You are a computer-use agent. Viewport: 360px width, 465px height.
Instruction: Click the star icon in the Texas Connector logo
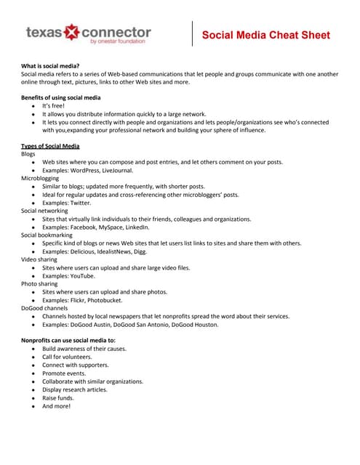[x=72, y=33]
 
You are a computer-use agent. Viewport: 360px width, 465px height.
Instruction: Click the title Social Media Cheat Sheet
[x=265, y=35]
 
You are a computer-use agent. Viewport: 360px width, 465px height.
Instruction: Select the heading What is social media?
[x=50, y=66]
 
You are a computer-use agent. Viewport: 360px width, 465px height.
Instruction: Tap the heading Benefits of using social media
[x=60, y=97]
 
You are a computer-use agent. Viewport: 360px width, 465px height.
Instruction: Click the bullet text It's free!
[x=55, y=106]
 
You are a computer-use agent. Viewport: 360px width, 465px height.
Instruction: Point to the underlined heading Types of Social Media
[x=50, y=146]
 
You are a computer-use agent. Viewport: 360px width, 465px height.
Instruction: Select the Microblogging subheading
[x=41, y=178]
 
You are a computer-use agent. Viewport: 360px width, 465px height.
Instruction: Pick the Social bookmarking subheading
[x=47, y=235]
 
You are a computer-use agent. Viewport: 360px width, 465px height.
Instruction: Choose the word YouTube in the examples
[x=81, y=276]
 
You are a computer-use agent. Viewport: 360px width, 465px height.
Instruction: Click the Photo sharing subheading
[x=39, y=284]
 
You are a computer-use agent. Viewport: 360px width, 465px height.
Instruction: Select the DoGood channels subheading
[x=44, y=308]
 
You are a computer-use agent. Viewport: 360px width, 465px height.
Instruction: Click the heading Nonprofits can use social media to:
[x=68, y=341]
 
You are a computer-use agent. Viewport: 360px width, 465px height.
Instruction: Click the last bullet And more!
[x=56, y=406]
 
